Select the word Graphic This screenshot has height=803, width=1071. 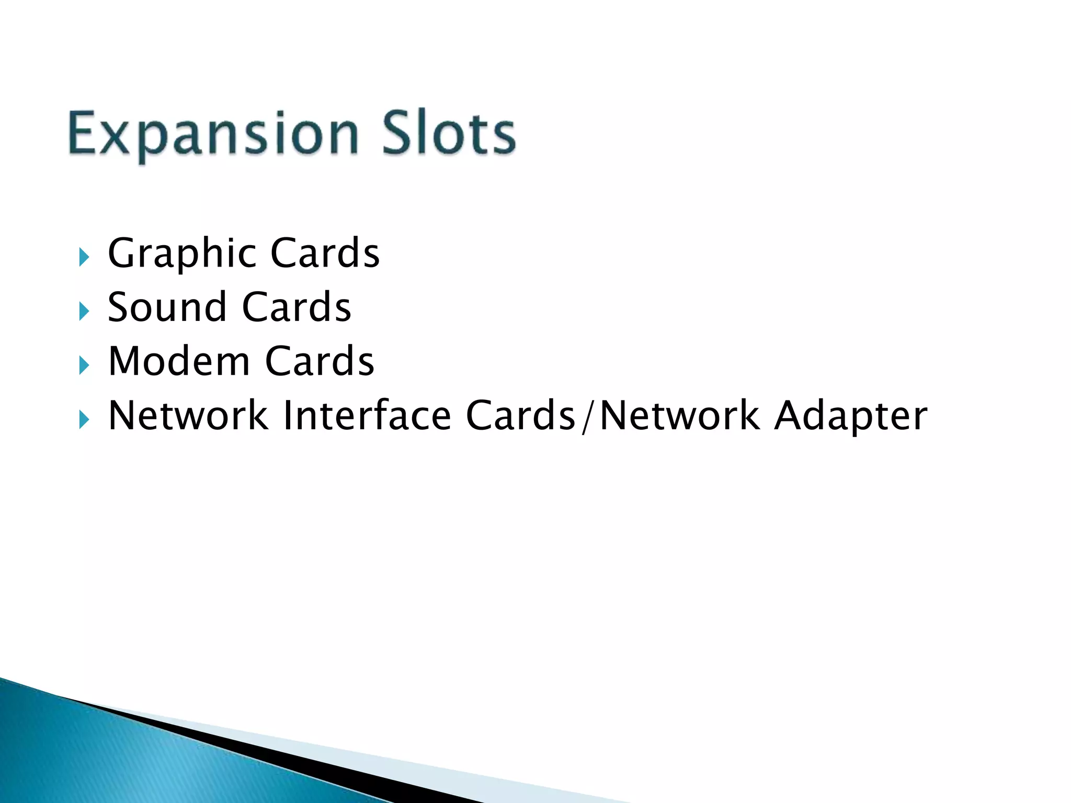[181, 254]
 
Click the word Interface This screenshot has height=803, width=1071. [367, 416]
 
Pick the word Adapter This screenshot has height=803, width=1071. [851, 417]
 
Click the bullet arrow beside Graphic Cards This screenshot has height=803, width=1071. [84, 257]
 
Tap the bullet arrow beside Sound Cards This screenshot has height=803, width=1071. [84, 312]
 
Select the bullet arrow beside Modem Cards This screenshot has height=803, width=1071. [84, 365]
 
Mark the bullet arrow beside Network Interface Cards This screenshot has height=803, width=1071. [84, 420]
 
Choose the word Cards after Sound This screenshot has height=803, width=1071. [297, 307]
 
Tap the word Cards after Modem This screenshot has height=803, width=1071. [320, 361]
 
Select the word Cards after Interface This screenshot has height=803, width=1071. [520, 416]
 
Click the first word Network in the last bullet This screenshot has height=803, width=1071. [188, 416]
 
